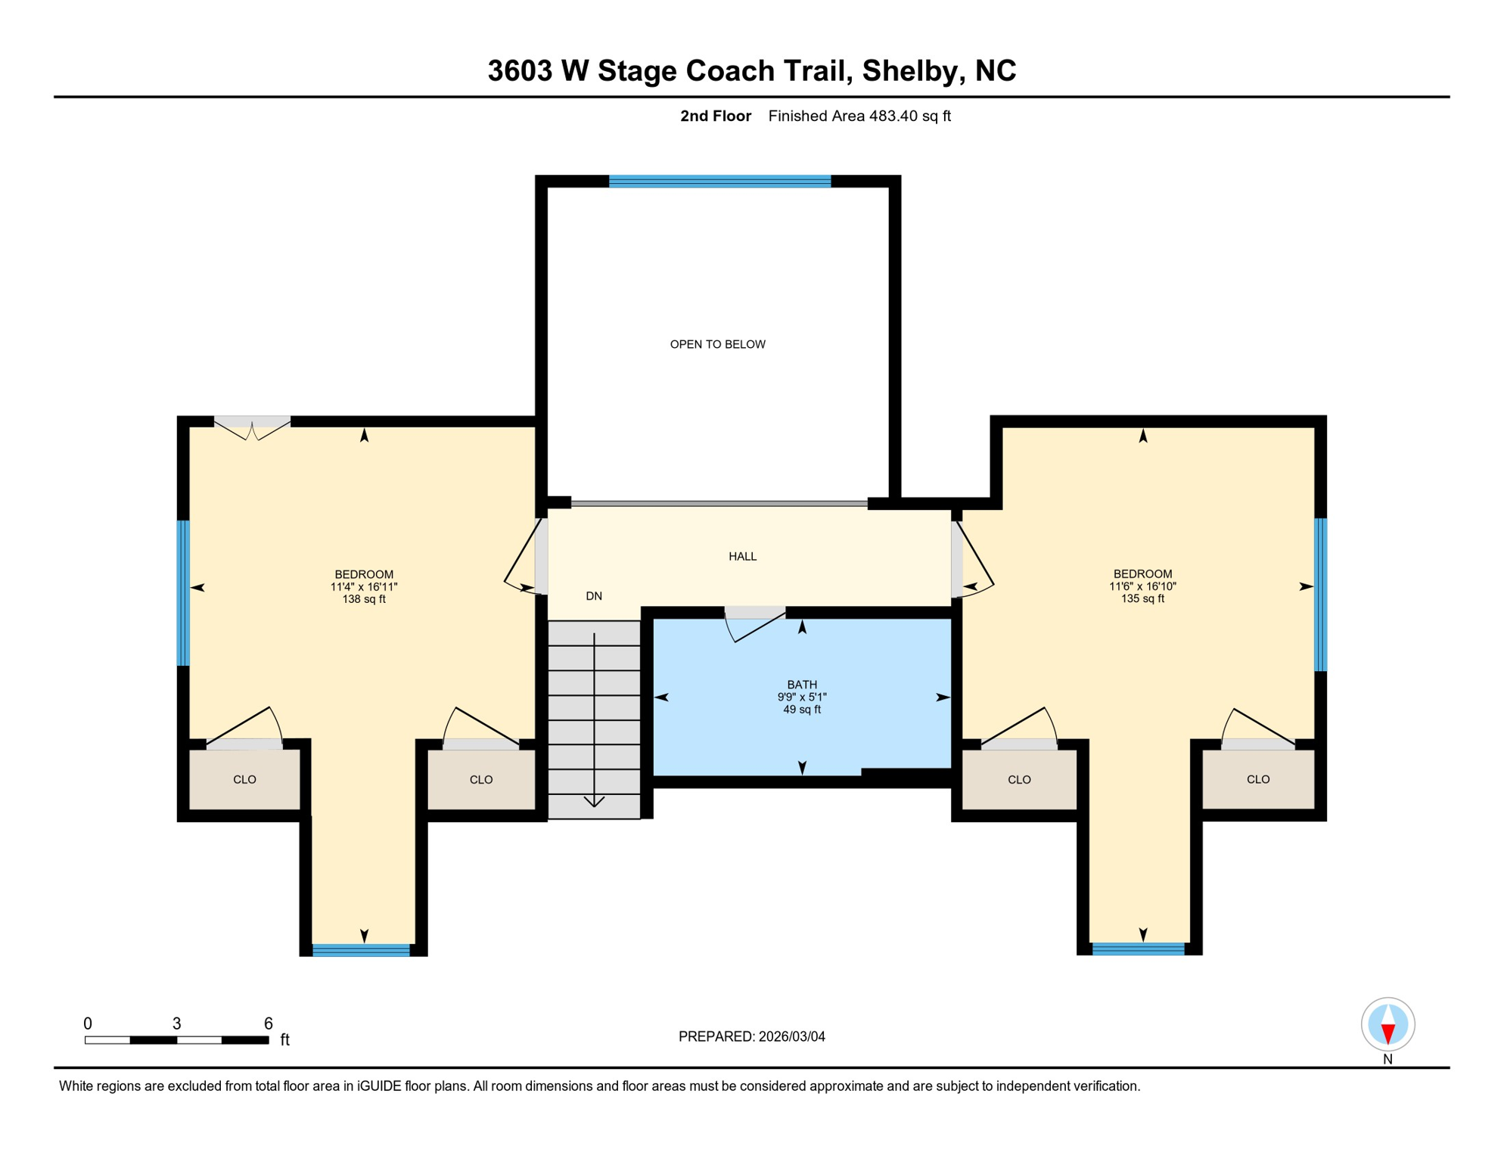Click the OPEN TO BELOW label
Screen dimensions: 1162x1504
click(717, 344)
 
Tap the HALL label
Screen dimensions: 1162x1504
click(742, 556)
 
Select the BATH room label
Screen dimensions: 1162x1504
click(802, 684)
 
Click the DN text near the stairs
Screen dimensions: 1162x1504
click(594, 596)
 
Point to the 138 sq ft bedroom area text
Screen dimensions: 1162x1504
click(364, 599)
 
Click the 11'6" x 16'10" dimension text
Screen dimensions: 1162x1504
click(1142, 586)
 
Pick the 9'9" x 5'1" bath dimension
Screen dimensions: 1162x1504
click(802, 697)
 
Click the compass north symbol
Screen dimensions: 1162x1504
click(1387, 1024)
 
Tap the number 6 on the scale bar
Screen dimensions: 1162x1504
click(268, 1024)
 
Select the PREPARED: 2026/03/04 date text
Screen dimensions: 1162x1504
click(751, 1036)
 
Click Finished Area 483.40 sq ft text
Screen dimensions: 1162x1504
click(859, 116)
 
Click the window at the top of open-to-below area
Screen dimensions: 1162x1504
click(719, 182)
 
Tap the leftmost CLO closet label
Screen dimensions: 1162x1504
click(244, 779)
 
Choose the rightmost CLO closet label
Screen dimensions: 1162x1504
click(1258, 779)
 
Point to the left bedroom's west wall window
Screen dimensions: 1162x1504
click(183, 592)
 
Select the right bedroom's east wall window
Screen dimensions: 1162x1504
click(1320, 594)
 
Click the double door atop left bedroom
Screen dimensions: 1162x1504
click(252, 427)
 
